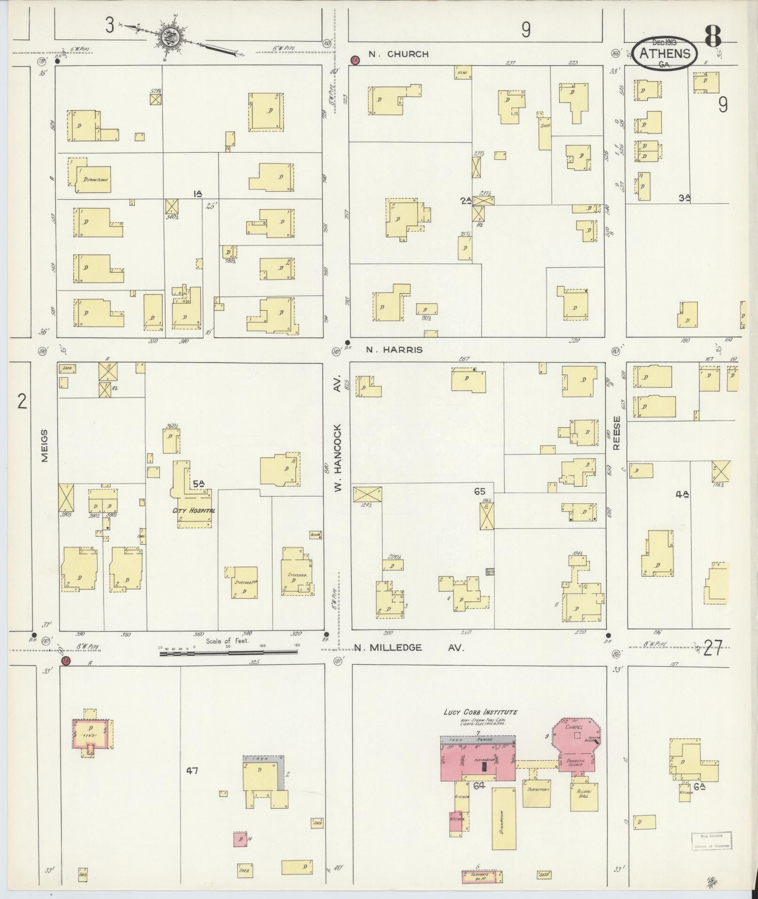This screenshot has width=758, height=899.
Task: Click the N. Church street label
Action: (399, 54)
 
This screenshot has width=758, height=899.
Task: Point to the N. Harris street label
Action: (396, 350)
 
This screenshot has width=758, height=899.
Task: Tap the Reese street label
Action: (617, 432)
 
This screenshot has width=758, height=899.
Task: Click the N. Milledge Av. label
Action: (409, 648)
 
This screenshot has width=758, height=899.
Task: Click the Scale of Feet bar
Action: (229, 653)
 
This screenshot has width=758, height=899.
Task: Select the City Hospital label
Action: (194, 511)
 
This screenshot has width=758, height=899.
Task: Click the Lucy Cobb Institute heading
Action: (480, 725)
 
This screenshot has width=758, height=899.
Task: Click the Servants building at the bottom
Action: (482, 877)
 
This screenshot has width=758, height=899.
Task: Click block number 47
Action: (192, 770)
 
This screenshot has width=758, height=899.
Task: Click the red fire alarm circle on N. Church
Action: (355, 60)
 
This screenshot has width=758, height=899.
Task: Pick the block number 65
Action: (479, 492)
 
